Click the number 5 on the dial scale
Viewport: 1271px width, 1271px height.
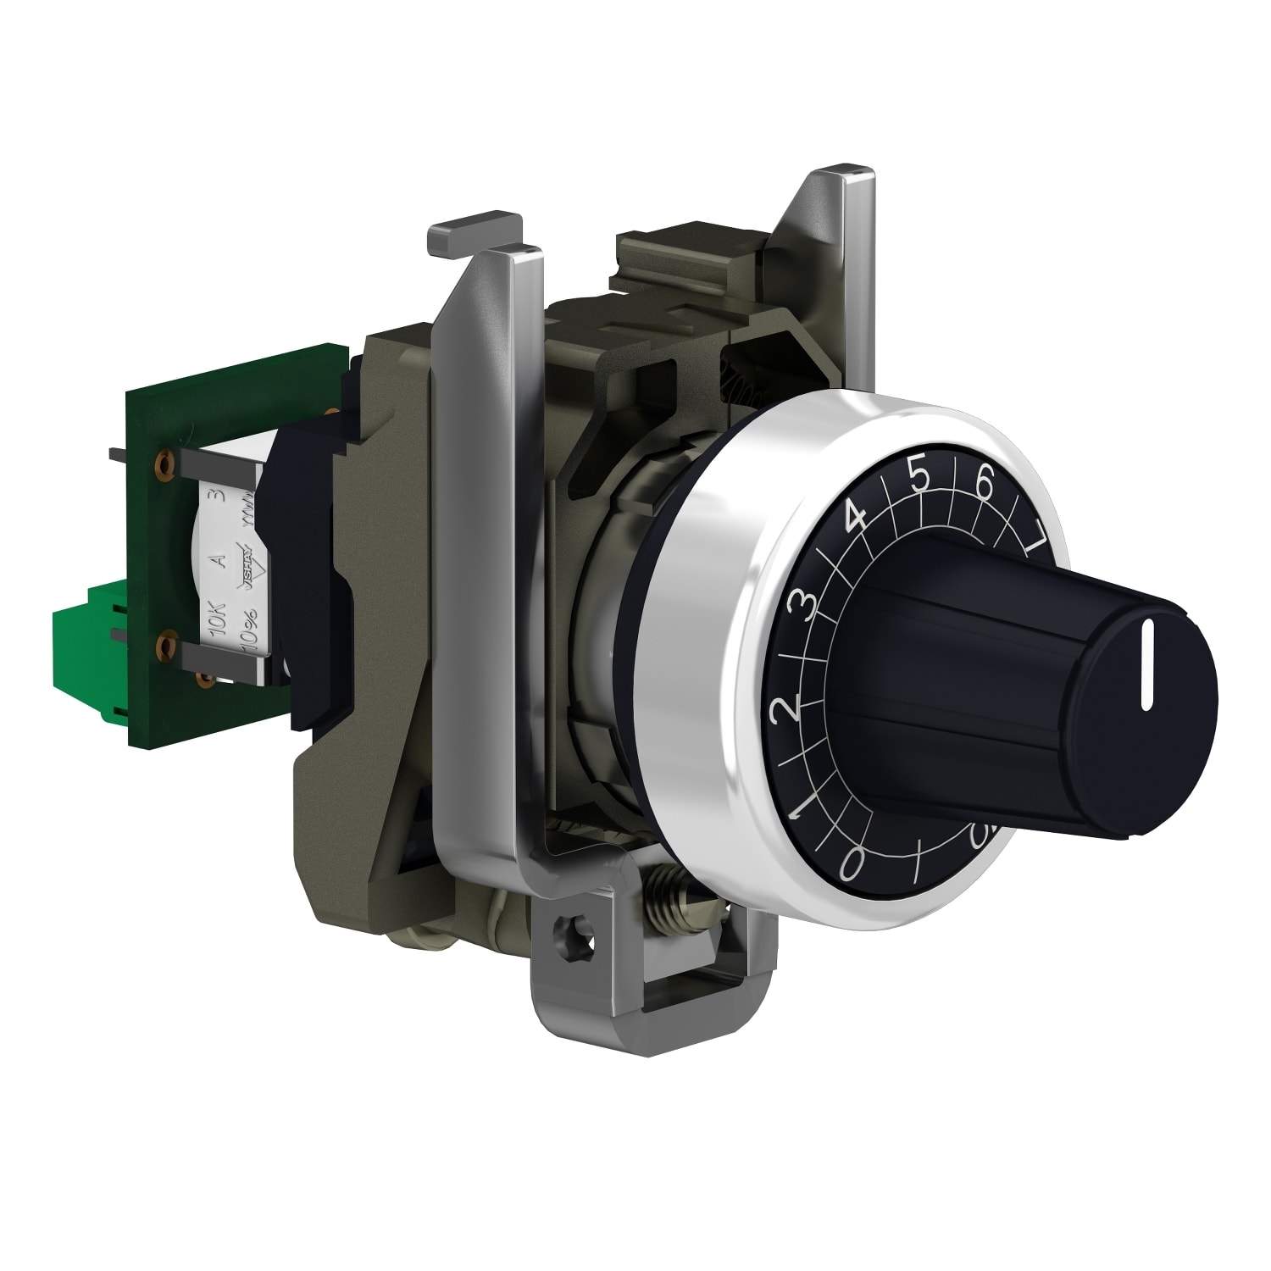tap(919, 478)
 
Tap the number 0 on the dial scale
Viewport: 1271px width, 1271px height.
tap(852, 864)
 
